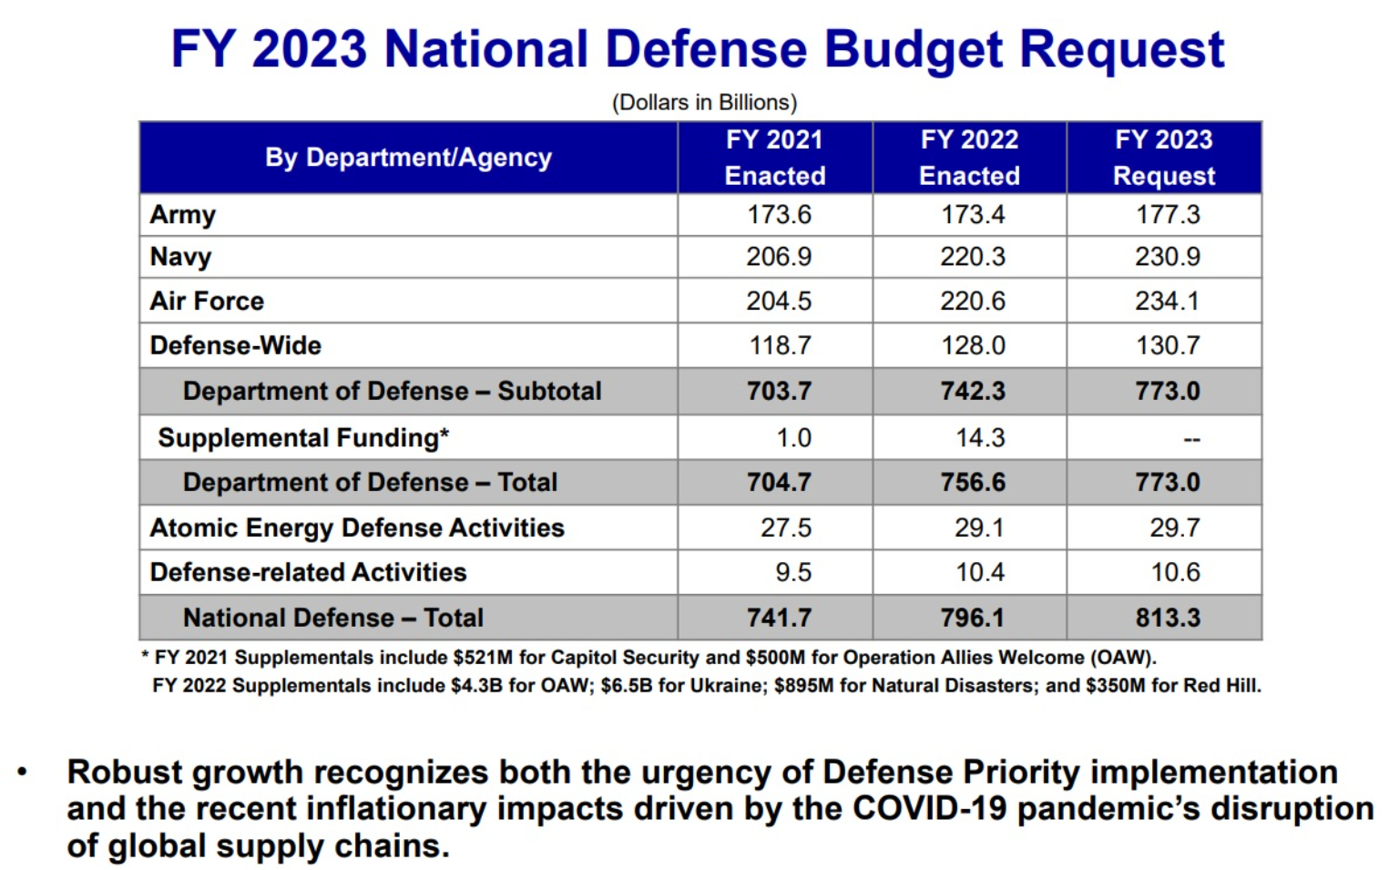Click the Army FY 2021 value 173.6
coord(779,215)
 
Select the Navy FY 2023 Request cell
coord(1167,257)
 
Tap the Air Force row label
coord(207,302)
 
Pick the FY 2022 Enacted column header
coord(969,158)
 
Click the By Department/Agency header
coord(408,158)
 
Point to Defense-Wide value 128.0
coord(973,346)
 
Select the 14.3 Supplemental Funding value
coord(980,438)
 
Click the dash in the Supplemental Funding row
coord(1191,440)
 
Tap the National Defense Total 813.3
coord(1168,619)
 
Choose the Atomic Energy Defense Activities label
coord(357,528)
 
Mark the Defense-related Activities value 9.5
coord(793,573)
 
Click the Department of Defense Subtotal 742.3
coord(973,392)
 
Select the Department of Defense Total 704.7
coord(779,483)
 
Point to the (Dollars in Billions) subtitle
coord(704,102)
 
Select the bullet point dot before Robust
coord(23,773)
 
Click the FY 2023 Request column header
coord(1164,158)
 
